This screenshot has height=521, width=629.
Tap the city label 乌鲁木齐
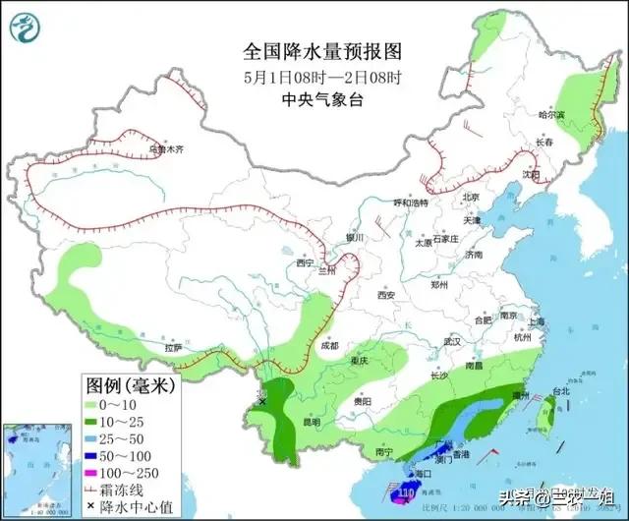166,150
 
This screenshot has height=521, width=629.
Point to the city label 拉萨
174,347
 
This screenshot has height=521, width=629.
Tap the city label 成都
328,345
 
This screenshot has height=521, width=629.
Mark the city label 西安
384,295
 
